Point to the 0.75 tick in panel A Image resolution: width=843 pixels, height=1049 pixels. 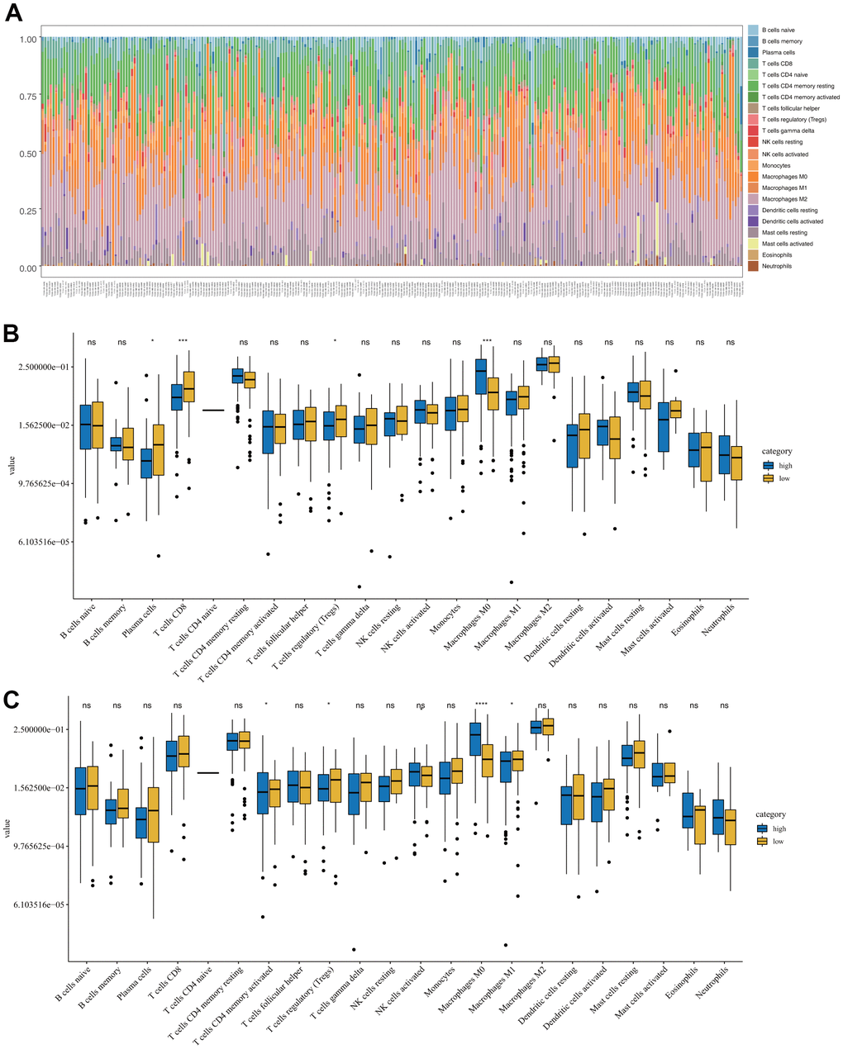(x=29, y=96)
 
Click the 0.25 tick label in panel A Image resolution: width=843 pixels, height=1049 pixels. (x=29, y=211)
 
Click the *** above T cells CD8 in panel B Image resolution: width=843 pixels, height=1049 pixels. (x=183, y=341)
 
